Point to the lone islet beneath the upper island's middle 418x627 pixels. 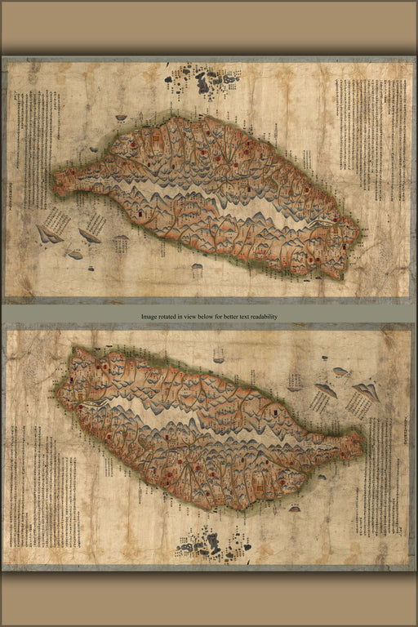point(198,266)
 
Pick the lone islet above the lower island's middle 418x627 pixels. point(219,355)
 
